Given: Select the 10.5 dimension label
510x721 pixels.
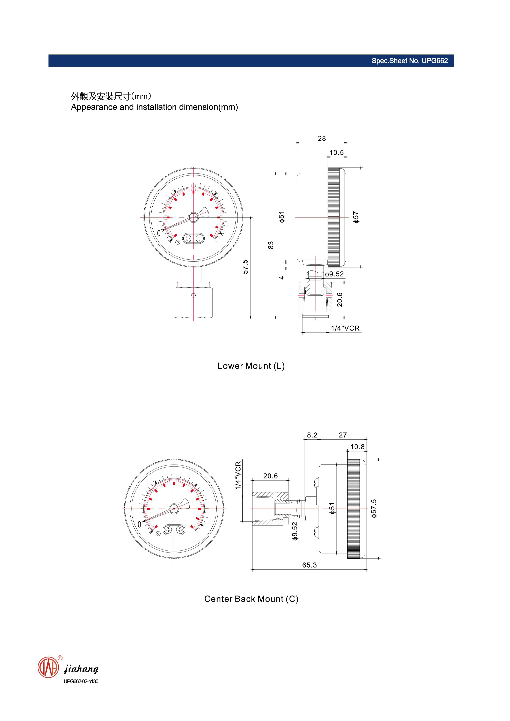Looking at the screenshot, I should tap(336, 153).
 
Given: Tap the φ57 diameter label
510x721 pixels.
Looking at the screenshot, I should tap(356, 217).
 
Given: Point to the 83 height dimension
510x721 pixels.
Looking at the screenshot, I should tap(271, 245).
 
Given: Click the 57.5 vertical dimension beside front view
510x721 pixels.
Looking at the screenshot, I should tap(245, 267).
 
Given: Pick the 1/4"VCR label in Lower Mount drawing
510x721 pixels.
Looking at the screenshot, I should tap(345, 328).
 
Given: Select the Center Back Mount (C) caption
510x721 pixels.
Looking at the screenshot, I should tap(251, 599).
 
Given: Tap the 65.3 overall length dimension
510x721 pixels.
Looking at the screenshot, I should tap(309, 565).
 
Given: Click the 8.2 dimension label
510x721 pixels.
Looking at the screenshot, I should tap(312, 435).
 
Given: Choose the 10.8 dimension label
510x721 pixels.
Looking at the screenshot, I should tap(357, 447).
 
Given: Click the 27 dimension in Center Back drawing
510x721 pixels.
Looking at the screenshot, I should tap(343, 435).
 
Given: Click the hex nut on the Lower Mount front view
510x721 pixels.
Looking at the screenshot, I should tap(193, 302).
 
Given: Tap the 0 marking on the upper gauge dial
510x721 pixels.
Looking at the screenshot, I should tap(159, 233).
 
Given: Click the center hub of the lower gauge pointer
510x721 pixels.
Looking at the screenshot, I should tap(174, 508).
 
